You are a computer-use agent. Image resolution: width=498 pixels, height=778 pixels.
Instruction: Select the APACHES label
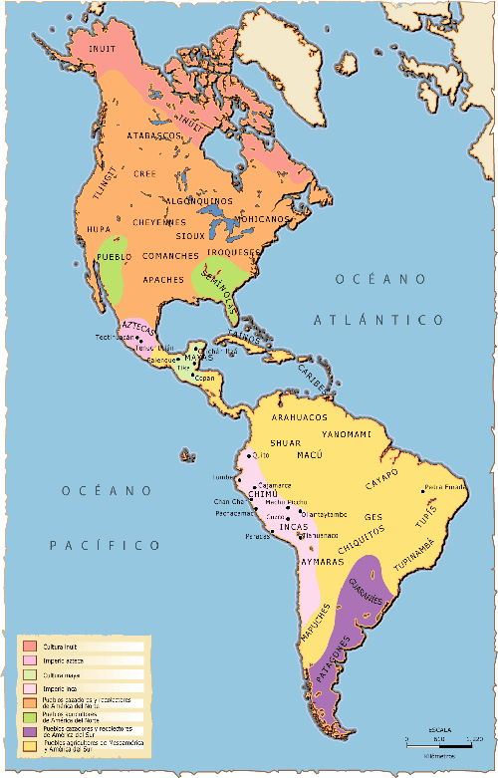click(x=163, y=280)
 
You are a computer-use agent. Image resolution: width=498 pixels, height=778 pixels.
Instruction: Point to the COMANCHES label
click(x=170, y=257)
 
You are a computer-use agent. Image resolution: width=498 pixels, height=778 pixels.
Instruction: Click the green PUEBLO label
click(x=116, y=258)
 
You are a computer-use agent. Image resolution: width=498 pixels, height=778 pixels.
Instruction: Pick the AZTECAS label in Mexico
click(x=137, y=328)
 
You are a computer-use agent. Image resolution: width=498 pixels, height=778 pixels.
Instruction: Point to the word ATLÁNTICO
click(x=377, y=320)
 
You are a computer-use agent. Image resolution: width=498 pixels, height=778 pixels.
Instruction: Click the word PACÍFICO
click(x=106, y=545)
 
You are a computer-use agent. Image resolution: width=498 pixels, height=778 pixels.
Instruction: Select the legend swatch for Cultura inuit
click(x=30, y=647)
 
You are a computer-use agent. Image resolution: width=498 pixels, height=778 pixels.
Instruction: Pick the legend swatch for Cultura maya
click(x=30, y=674)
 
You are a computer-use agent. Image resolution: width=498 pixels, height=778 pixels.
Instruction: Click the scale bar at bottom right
click(x=438, y=743)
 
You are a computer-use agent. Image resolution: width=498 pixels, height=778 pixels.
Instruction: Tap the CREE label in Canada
click(x=146, y=173)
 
